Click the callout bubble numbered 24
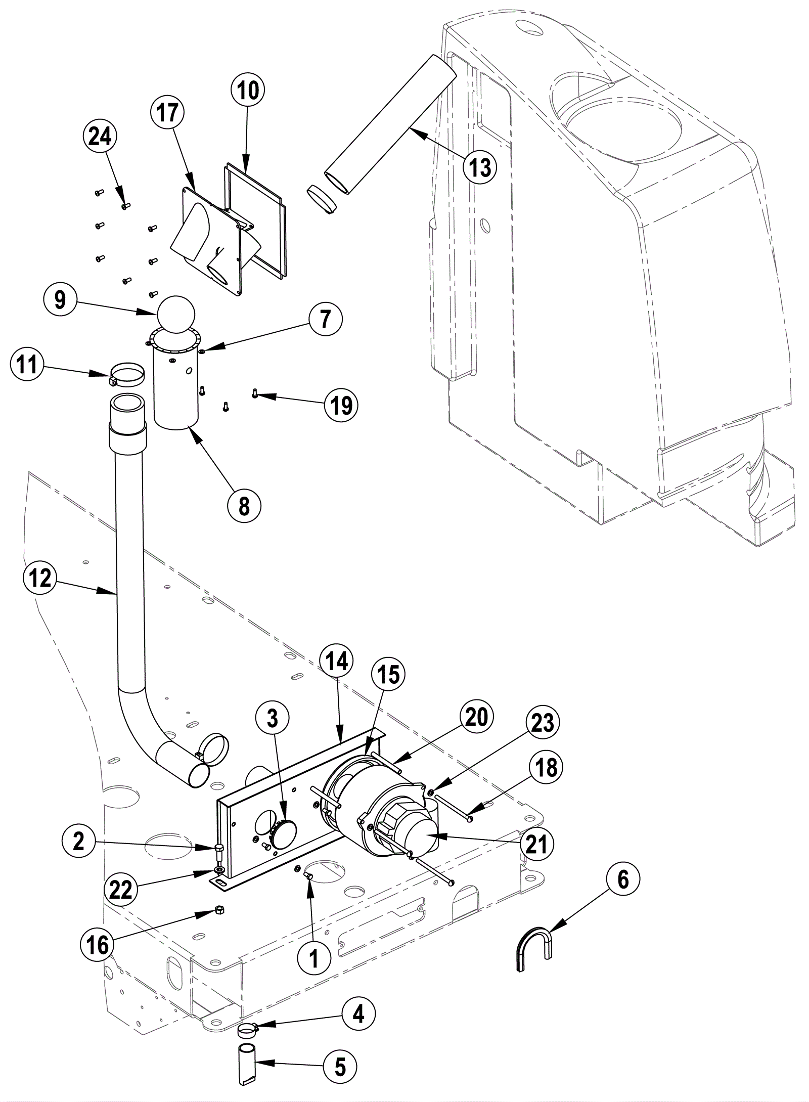(100, 137)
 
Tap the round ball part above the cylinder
(176, 315)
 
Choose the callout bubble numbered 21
(536, 844)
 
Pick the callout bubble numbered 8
(244, 506)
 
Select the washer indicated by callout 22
(219, 870)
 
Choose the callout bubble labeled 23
(542, 723)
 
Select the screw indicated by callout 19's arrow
(255, 392)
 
